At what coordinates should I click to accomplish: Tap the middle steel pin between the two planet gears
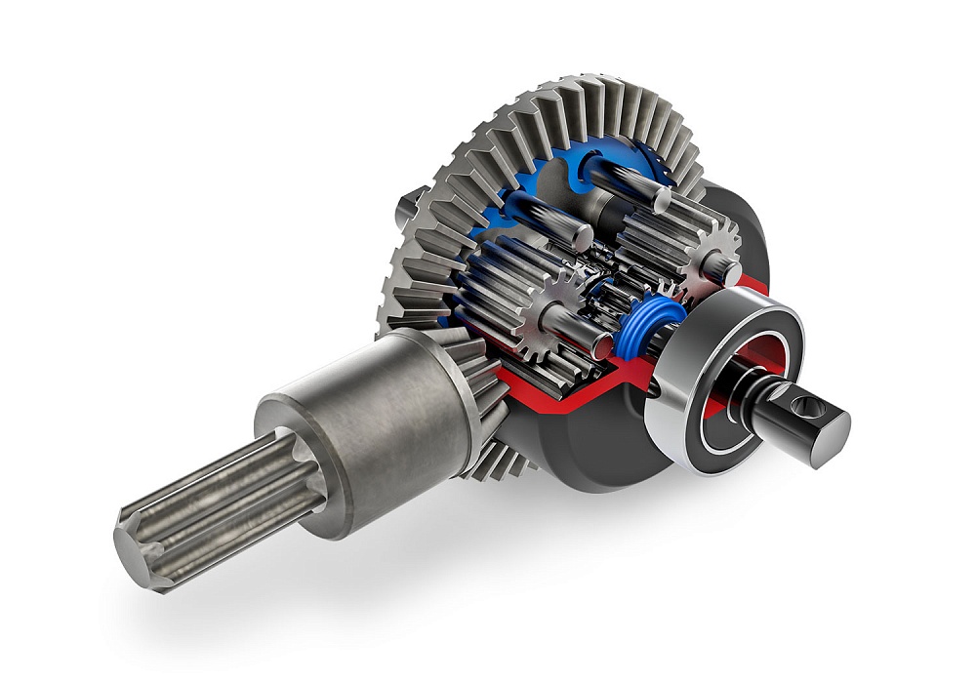[x=566, y=220]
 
